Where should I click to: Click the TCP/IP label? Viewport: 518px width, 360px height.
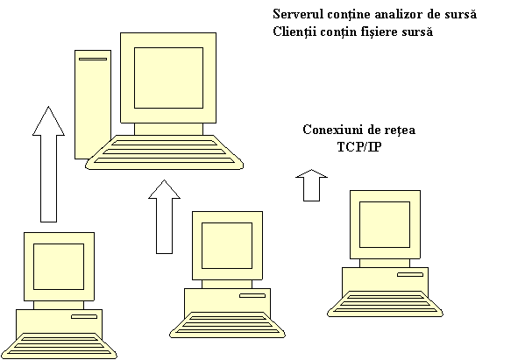pos(359,147)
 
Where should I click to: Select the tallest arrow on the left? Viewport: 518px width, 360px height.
pos(48,164)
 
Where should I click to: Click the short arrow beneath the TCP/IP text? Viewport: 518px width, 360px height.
pos(311,186)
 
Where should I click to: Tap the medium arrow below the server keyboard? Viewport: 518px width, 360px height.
pos(164,217)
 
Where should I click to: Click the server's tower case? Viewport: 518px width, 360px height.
pos(93,104)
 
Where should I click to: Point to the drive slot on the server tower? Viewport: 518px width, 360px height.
pos(93,59)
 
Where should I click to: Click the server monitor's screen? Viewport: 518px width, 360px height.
pos(168,78)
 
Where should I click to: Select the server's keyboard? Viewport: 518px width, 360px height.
pos(164,152)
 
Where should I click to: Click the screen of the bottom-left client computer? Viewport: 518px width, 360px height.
pos(59,267)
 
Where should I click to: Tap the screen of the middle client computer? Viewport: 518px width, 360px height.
pos(227,246)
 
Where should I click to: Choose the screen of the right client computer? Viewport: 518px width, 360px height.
pos(385,224)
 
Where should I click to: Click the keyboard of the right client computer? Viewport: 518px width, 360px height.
pos(385,304)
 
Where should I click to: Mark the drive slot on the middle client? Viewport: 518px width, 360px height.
pos(252,295)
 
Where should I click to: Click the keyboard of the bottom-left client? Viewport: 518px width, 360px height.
pos(59,346)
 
